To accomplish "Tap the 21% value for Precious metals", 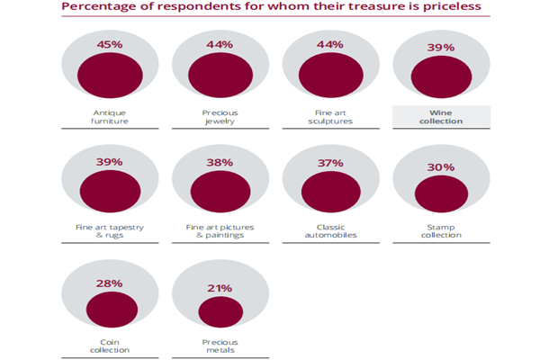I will tap(220, 288).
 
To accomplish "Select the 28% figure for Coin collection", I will tap(109, 284).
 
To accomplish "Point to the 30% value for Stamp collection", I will tap(441, 166).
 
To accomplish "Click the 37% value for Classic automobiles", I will tap(330, 163).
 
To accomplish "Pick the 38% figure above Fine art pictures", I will tap(220, 163).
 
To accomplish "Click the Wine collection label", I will tap(441, 117).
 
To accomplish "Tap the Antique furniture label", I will tap(109, 117).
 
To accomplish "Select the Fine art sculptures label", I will tap(330, 117).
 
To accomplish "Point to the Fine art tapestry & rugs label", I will tap(109, 231).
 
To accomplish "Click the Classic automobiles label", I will tap(330, 231).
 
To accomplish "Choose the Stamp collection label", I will tap(441, 231).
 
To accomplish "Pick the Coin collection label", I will tap(109, 346).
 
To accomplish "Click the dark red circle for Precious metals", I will tap(220, 312).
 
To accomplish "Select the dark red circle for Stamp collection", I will tap(441, 193).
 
